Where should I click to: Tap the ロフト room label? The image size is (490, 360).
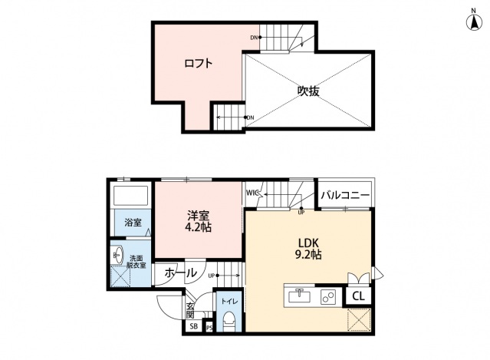[x=198, y=63]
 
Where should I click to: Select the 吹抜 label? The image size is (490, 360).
[x=308, y=90]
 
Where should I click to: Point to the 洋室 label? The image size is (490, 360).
[x=199, y=216]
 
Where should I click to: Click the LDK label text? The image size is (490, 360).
[x=307, y=242]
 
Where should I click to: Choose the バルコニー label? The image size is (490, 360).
[x=345, y=196]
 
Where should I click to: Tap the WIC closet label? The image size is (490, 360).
[x=252, y=193]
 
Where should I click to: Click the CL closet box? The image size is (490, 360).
[x=359, y=296]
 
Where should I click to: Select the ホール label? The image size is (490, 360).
[x=180, y=272]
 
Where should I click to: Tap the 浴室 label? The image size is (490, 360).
[x=133, y=223]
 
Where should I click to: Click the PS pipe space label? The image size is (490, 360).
[x=209, y=328]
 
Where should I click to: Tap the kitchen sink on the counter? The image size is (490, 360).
[x=300, y=296]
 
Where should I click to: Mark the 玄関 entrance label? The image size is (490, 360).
[x=189, y=309]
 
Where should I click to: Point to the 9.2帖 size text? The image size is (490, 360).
[x=308, y=255]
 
